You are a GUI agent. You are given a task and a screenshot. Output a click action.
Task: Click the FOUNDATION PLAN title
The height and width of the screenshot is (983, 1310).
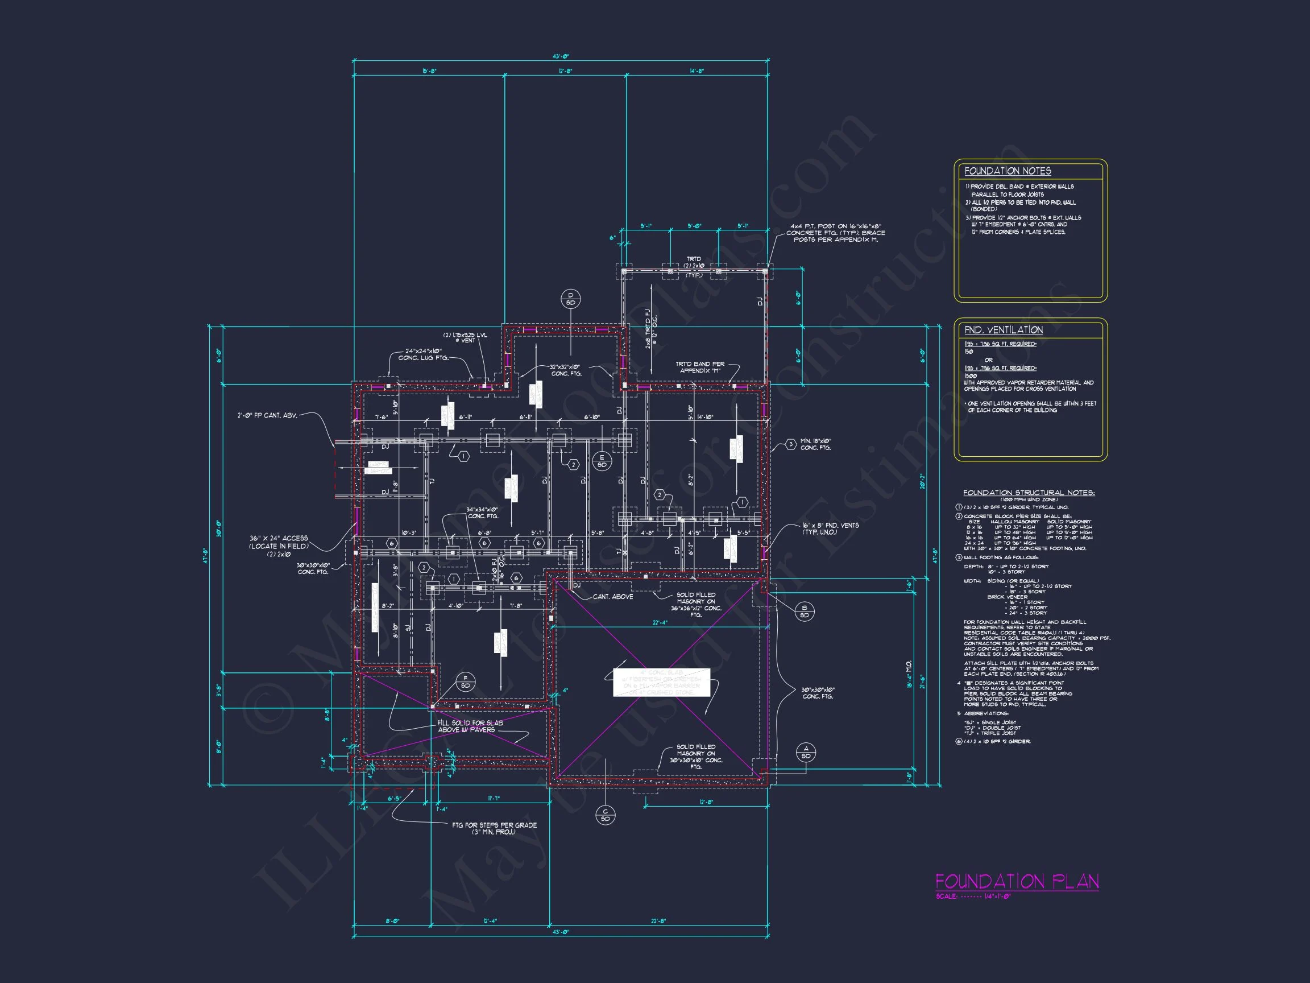[x=1016, y=881]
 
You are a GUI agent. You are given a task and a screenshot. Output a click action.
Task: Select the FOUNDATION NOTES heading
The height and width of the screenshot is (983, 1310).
[x=1008, y=171]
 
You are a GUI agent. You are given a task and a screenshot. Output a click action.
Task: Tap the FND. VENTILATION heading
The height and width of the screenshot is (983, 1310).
[x=1003, y=330]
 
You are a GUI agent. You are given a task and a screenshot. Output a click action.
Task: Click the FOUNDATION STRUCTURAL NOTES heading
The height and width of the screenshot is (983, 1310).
[x=1029, y=493]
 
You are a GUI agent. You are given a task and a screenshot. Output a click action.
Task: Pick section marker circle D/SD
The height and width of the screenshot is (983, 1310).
[x=570, y=299]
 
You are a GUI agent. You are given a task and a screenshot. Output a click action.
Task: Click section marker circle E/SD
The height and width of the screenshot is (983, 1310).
[x=602, y=461]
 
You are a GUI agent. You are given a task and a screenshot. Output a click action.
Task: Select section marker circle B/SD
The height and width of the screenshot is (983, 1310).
[x=804, y=612]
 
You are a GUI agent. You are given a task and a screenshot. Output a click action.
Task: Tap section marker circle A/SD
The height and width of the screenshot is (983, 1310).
[x=806, y=753]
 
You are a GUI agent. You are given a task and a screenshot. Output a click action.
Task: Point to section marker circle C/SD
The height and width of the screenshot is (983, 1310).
[x=606, y=815]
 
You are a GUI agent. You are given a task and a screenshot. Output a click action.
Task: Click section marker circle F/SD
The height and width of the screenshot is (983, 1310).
[x=466, y=682]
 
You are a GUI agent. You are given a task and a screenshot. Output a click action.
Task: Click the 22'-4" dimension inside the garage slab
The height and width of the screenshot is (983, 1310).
[x=659, y=623]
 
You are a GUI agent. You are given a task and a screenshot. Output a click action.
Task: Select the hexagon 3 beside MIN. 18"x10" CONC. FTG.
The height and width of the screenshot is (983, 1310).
[x=791, y=444]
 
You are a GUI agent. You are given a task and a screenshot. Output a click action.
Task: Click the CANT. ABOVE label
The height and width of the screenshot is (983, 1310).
[x=613, y=597]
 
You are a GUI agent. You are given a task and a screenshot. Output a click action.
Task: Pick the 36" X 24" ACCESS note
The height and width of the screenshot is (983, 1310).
[x=279, y=542]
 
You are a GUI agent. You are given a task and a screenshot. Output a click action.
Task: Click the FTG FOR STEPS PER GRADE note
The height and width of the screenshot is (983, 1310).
[x=494, y=828]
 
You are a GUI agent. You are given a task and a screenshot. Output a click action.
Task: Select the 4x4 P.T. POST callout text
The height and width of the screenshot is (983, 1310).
[x=836, y=233]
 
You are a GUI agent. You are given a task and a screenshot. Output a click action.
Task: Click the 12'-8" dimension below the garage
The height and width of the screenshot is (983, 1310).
[x=707, y=802]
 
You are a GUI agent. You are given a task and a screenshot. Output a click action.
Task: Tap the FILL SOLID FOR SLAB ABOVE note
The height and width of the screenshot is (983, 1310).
[x=470, y=726]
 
